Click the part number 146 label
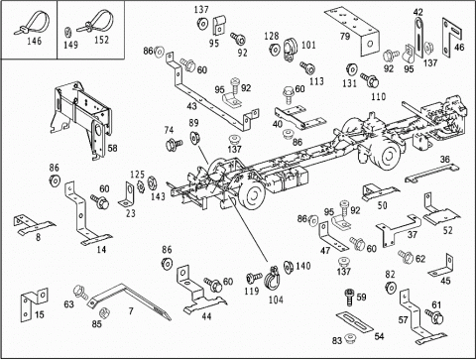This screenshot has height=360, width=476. coord(35,41)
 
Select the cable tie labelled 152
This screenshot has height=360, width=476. coord(96,23)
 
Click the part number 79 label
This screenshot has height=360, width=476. coord(345,36)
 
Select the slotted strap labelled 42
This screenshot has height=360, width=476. coord(418,38)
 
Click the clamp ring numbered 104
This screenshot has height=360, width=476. coord(272,280)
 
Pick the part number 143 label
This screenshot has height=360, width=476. coord(158,196)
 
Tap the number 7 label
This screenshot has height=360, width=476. coord(131,311)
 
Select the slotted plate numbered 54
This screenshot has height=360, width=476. coord(355,320)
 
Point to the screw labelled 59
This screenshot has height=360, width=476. coord(349,297)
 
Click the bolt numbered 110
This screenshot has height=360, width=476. coord(369,79)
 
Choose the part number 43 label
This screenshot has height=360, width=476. coord(191,106)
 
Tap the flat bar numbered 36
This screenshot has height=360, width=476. coord(431,174)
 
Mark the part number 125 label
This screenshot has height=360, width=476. coord(138,175)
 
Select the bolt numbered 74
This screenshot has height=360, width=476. coord(174,144)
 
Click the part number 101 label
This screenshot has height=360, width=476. coord(308,45)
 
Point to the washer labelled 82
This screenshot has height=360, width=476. coord(391,287)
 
